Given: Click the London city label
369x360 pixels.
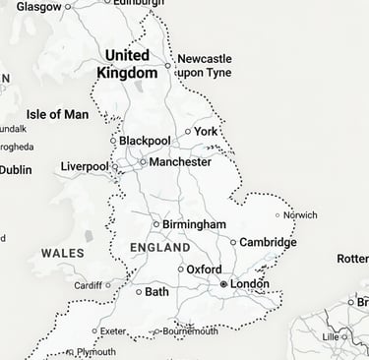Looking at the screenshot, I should (250, 284).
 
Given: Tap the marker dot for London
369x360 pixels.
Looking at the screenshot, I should (224, 284).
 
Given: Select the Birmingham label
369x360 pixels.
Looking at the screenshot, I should (194, 224).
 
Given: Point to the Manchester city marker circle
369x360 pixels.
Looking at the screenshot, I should (143, 161).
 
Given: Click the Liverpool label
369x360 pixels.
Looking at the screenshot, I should (84, 167).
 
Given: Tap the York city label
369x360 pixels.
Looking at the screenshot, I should (206, 131).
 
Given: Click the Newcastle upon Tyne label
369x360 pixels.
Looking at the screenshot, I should (204, 66).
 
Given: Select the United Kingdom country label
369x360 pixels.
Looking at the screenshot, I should (128, 64).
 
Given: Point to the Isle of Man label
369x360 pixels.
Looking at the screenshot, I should (57, 115).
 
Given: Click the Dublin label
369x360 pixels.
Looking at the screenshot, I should (15, 169).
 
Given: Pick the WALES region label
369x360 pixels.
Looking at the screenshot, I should (63, 254).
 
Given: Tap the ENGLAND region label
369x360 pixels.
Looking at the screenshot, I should (159, 247).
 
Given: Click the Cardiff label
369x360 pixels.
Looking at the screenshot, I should (88, 286).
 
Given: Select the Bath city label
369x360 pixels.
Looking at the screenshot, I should (156, 292).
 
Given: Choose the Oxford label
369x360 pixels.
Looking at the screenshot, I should (204, 270).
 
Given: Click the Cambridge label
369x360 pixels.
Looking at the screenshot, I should (269, 242).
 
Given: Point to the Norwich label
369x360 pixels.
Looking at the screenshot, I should (301, 214).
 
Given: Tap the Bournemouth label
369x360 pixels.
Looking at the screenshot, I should (190, 331).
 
